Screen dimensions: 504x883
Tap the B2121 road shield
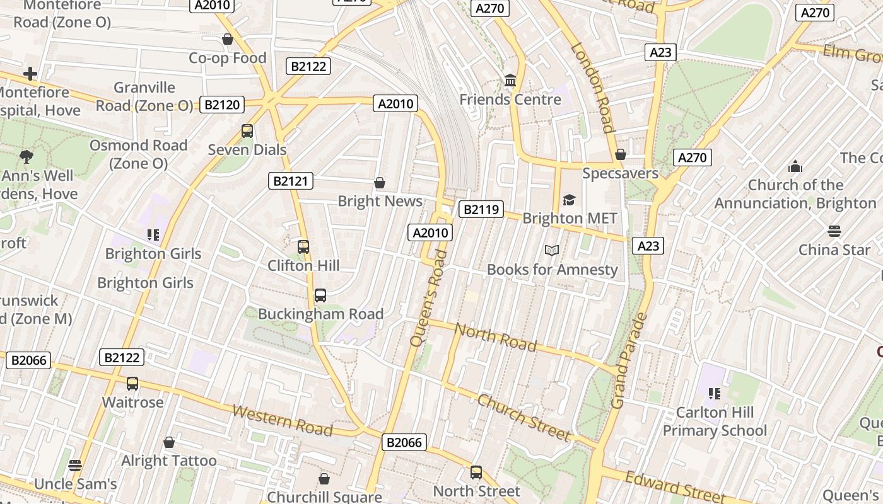tap(291, 181)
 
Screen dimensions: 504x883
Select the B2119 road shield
tap(481, 209)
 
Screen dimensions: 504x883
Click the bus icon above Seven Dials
tap(247, 131)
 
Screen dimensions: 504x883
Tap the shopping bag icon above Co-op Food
tap(228, 40)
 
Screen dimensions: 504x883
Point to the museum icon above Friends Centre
tap(510, 81)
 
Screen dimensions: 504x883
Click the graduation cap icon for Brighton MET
tap(570, 200)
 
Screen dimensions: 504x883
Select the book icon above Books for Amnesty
tap(552, 251)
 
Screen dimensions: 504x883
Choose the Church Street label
tap(523, 418)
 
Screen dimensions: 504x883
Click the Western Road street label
tap(282, 420)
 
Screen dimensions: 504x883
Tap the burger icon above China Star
tap(834, 231)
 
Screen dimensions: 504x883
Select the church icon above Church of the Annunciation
tap(795, 166)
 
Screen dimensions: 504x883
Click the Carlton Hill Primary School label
tap(715, 421)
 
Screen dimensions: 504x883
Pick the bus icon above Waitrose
tap(132, 383)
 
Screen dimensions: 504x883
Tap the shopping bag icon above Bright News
tap(380, 183)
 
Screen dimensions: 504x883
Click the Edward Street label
tap(674, 486)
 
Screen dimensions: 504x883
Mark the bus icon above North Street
tap(476, 472)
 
